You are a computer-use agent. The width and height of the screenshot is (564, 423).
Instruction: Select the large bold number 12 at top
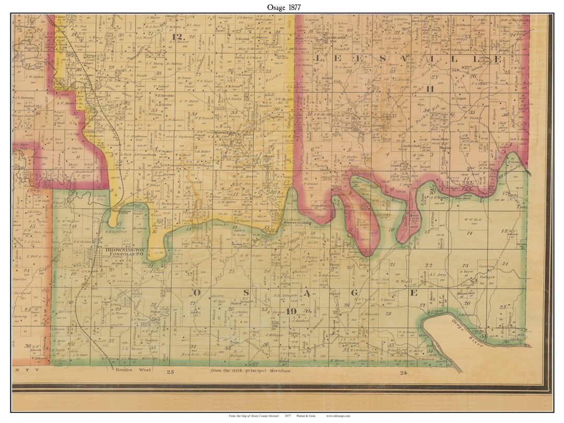(x=179, y=37)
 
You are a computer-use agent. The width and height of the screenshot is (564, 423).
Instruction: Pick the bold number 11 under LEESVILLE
(x=430, y=88)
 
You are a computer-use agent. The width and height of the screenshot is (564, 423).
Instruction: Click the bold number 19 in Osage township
(x=291, y=312)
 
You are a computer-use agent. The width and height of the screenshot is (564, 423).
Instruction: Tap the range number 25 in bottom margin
(x=170, y=372)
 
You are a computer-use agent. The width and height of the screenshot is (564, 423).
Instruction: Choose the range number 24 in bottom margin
(x=403, y=372)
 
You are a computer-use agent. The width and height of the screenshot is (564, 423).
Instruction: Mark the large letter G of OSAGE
(x=361, y=292)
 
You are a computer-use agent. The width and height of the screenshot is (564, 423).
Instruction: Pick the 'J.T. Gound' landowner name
(x=189, y=101)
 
